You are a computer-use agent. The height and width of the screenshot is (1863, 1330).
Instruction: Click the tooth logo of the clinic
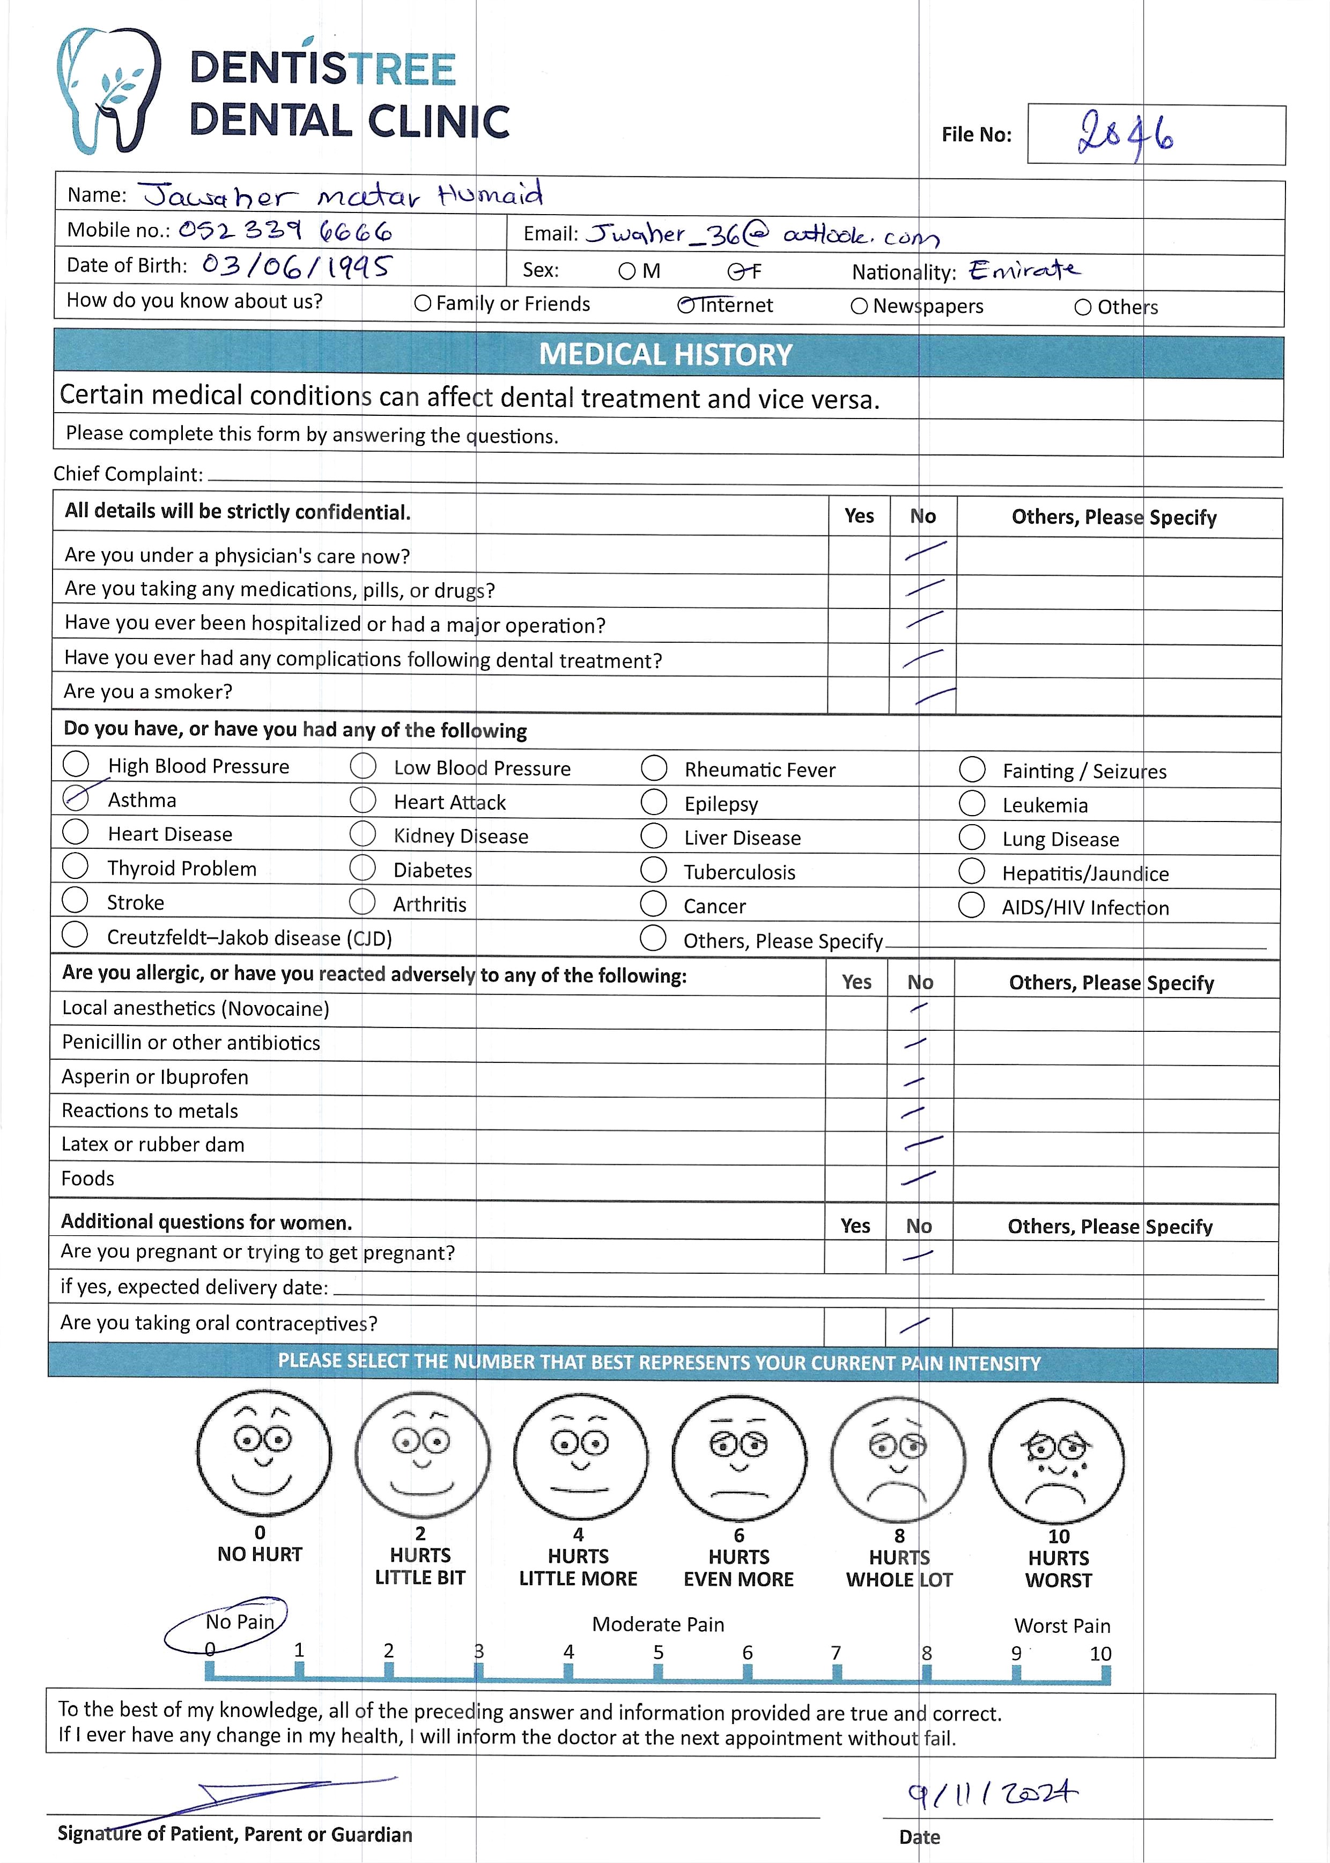[109, 90]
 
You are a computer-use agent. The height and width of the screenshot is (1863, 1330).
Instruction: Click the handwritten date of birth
[297, 266]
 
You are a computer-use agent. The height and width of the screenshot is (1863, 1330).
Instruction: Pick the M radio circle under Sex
[627, 271]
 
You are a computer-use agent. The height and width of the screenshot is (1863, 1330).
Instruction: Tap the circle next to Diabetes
[363, 868]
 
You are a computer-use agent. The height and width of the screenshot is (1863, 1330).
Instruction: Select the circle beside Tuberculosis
[654, 870]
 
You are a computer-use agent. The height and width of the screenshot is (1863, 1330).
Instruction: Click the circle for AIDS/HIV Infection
[971, 905]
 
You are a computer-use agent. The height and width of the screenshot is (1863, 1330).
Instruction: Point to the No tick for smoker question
[934, 695]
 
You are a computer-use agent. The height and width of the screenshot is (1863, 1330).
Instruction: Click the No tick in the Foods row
[918, 1178]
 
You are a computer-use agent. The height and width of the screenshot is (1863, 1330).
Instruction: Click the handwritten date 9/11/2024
[993, 1794]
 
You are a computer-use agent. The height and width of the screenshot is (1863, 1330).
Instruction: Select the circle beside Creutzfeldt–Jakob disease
[75, 935]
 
